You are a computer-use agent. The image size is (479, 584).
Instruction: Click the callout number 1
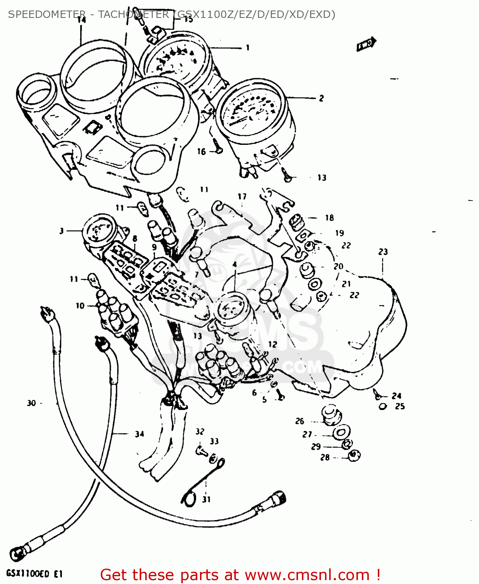click(x=247, y=48)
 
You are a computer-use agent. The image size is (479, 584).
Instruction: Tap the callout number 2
click(x=321, y=98)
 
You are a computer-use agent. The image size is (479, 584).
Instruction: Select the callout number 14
click(x=81, y=20)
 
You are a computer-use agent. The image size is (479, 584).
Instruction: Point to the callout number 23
click(x=383, y=252)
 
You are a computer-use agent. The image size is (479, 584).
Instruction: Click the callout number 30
click(x=32, y=403)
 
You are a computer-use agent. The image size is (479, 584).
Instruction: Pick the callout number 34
click(x=139, y=434)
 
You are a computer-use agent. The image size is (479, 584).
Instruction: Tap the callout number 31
click(x=206, y=499)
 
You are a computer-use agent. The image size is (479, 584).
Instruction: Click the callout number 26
click(x=299, y=421)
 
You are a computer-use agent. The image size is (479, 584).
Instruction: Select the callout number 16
click(x=201, y=151)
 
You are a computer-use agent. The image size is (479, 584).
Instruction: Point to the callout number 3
click(x=61, y=231)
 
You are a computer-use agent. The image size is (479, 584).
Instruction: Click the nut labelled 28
click(x=354, y=455)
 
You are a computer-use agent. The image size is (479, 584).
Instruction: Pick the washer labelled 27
click(x=341, y=432)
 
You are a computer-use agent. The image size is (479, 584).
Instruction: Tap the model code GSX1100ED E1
click(x=34, y=574)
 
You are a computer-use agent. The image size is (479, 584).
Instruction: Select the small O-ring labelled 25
click(x=383, y=406)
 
